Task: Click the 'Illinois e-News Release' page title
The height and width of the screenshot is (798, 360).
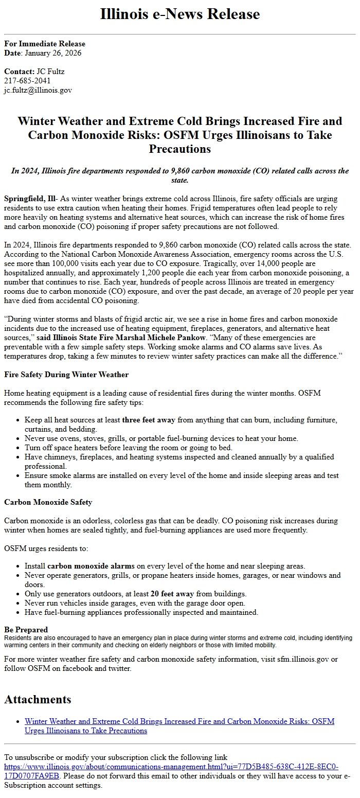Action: tap(180, 14)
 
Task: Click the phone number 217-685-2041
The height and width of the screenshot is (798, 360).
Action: tap(27, 81)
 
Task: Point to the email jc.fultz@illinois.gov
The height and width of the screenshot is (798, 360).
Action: tap(38, 90)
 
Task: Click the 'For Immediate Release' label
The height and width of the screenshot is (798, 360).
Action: tap(45, 44)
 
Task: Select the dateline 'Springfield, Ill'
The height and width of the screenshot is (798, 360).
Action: tap(30, 198)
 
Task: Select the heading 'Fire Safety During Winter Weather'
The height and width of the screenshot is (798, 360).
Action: tap(66, 375)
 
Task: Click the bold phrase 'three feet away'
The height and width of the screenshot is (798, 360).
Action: tap(149, 420)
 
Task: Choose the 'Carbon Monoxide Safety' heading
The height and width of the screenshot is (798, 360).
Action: tap(48, 502)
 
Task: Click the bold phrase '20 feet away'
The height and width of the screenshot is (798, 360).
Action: tap(172, 594)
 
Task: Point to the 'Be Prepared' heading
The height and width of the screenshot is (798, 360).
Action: tap(26, 630)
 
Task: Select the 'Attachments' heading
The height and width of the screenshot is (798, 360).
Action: tap(38, 699)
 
